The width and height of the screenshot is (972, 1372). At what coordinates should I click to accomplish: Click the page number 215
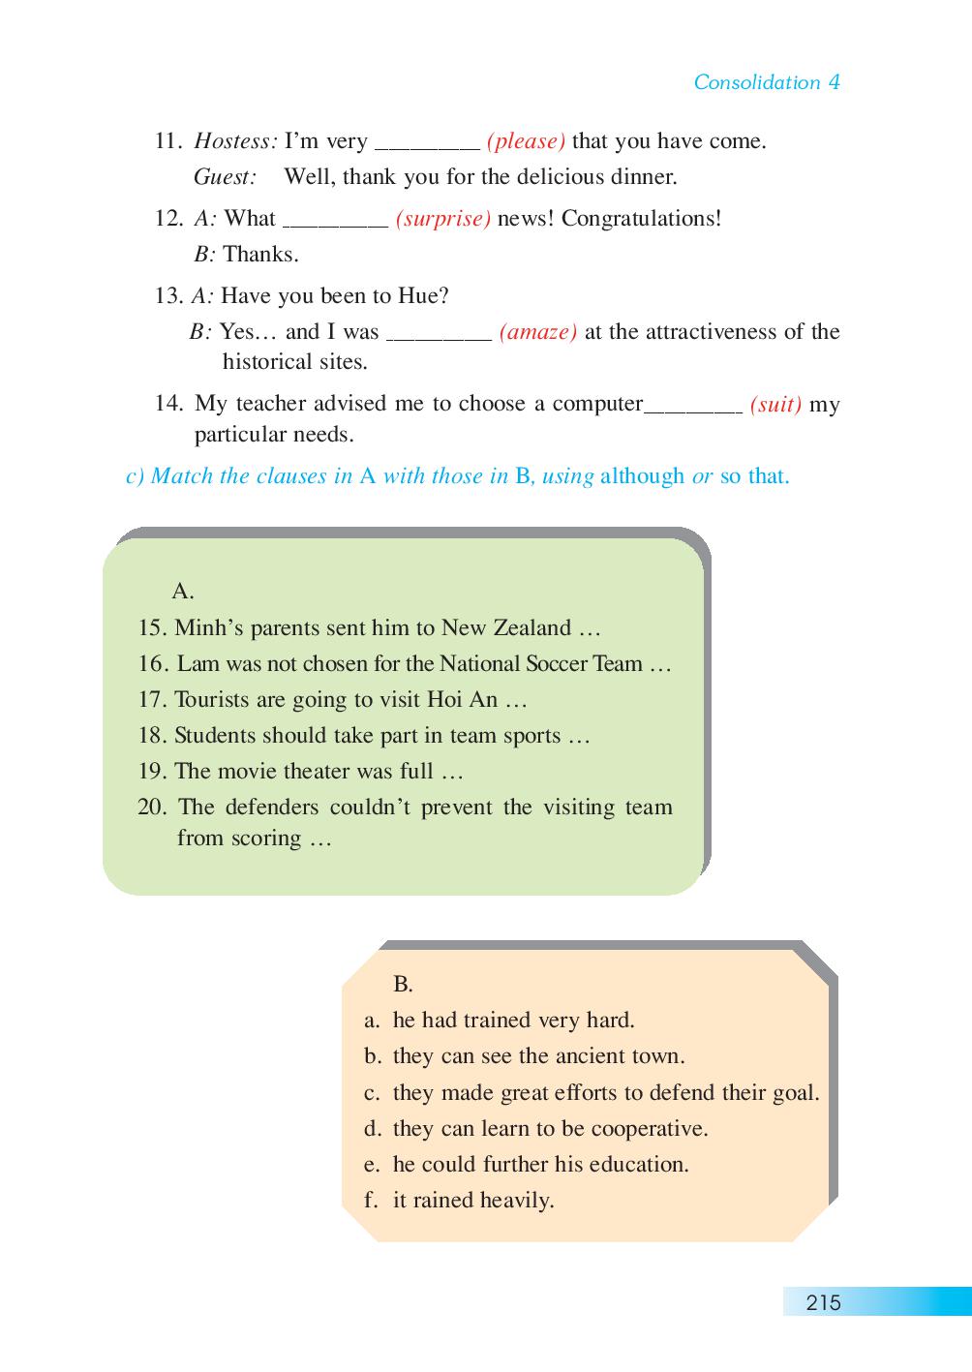coord(823,1302)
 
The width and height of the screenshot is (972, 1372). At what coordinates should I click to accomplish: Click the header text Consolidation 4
coord(766,82)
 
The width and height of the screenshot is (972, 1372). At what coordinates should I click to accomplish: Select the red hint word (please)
coord(526,141)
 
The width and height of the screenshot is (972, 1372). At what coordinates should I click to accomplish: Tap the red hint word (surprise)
coord(442,219)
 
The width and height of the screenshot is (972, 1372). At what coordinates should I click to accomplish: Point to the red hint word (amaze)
coord(538,332)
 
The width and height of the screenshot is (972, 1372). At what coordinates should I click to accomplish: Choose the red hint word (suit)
coord(775,405)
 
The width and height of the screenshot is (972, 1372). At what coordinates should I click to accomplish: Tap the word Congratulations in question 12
coord(641,219)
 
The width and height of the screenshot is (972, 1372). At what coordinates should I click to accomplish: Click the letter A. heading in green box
coord(183,591)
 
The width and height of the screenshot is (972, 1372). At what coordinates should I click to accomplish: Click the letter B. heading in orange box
coord(403,985)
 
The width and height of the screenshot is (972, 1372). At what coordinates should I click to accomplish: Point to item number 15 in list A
coord(152,628)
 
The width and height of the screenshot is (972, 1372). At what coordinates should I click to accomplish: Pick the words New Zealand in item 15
coord(505,628)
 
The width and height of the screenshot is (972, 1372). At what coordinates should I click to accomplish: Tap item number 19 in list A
coord(152,772)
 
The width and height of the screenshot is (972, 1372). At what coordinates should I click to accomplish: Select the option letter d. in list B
coord(373,1129)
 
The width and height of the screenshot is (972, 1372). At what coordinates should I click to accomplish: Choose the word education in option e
coord(639,1165)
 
